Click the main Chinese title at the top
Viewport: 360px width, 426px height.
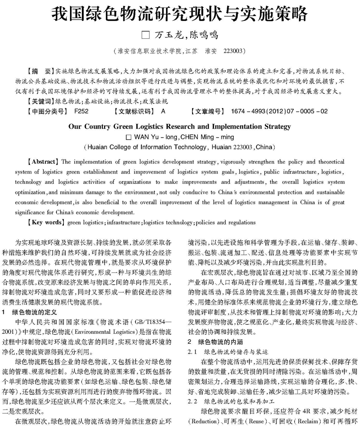tap(180, 13)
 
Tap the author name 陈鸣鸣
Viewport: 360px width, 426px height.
tap(204, 35)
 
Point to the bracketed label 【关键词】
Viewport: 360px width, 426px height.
tap(40, 101)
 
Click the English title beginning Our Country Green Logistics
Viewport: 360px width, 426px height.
tap(180, 127)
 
